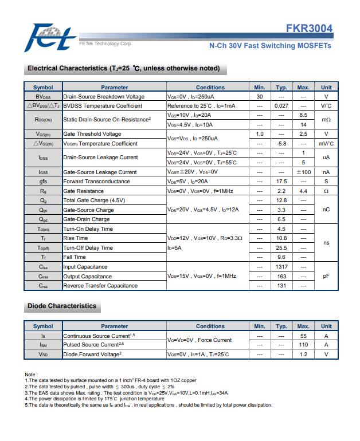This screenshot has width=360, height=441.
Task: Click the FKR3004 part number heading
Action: click(x=309, y=29)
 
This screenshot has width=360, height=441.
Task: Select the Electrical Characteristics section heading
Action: click(x=123, y=69)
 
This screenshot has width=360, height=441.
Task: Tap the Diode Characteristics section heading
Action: click(x=62, y=306)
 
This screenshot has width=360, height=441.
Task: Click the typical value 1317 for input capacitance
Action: click(x=281, y=267)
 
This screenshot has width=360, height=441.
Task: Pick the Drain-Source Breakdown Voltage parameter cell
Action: click(x=104, y=97)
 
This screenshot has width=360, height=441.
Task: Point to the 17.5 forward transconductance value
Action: click(x=281, y=182)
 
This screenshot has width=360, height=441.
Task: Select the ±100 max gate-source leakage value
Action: click(x=303, y=172)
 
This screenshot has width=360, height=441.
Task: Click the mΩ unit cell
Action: click(x=326, y=120)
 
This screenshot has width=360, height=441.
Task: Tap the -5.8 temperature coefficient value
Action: click(x=281, y=144)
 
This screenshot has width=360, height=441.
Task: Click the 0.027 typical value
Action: click(x=281, y=106)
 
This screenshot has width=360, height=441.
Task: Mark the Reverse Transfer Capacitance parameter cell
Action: click(x=100, y=286)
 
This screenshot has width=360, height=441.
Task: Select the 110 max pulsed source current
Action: click(x=303, y=345)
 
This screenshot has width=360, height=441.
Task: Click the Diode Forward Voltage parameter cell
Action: click(x=92, y=355)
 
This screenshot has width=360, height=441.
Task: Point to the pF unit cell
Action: click(x=326, y=276)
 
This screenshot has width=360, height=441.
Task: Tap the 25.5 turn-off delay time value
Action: click(x=281, y=248)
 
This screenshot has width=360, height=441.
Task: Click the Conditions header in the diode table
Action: click(x=210, y=326)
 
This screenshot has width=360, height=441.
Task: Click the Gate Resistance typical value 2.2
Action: click(x=281, y=191)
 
